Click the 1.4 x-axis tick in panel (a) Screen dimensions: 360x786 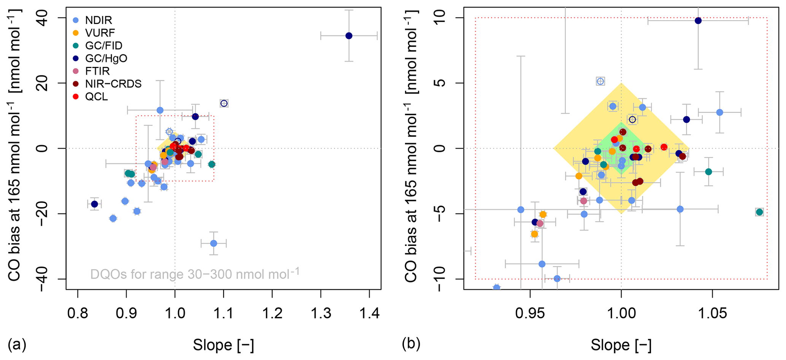(x=369, y=314)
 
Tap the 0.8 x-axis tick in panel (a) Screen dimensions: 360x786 (x=78, y=314)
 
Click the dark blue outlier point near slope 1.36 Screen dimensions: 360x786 (x=349, y=36)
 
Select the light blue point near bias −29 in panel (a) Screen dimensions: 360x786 (x=214, y=243)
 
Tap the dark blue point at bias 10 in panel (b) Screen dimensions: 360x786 (x=698, y=21)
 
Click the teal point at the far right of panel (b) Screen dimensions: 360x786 (x=759, y=212)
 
